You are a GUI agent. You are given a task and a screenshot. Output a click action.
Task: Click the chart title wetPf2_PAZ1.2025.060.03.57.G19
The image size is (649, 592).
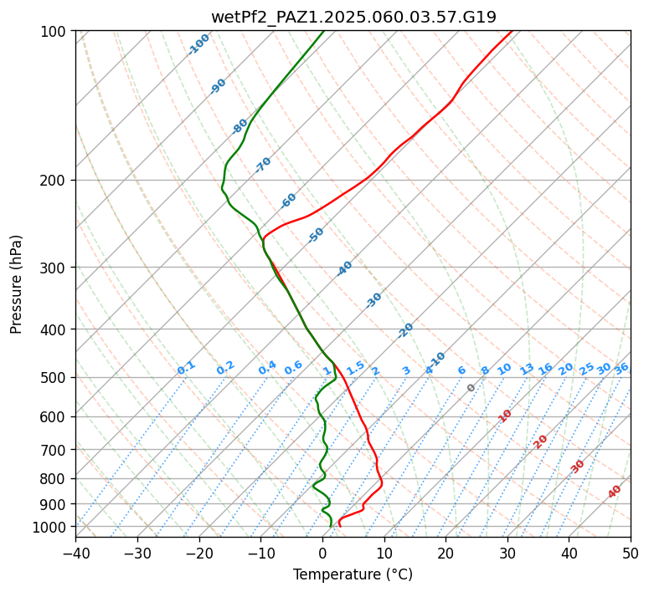(x=353, y=17)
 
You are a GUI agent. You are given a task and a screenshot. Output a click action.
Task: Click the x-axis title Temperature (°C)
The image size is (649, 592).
(x=353, y=574)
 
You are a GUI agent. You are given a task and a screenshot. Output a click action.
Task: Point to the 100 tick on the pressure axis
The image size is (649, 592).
(x=55, y=31)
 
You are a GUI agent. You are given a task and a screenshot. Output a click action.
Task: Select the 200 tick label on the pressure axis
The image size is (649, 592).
(x=55, y=180)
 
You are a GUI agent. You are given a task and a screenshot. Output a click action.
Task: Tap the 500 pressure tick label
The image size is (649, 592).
(x=55, y=377)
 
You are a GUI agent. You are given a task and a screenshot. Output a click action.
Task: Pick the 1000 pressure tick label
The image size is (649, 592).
(x=52, y=527)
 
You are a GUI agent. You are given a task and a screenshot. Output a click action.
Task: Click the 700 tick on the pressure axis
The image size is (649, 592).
(x=55, y=450)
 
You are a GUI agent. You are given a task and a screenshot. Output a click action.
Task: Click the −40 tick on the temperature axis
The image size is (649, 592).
(x=75, y=553)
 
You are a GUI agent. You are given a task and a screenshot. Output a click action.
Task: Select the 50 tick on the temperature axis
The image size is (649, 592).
(x=631, y=553)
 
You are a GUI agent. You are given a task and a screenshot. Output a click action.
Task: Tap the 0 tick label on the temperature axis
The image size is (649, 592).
(x=322, y=553)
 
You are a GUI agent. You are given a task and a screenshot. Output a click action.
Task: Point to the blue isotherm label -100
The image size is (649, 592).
(x=198, y=44)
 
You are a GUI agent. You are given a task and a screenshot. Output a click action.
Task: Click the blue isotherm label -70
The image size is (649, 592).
(x=264, y=165)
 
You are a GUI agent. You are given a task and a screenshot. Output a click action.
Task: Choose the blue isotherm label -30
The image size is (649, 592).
(x=373, y=300)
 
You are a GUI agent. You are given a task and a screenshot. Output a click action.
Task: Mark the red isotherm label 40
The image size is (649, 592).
(x=615, y=492)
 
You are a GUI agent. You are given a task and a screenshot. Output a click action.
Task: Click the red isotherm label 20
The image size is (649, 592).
(x=541, y=441)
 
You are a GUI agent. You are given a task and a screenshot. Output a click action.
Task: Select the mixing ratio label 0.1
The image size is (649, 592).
(x=186, y=368)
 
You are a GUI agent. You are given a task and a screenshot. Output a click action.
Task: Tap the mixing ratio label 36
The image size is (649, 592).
(x=621, y=368)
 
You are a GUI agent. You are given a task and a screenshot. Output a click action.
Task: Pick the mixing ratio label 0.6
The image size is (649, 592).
(x=293, y=368)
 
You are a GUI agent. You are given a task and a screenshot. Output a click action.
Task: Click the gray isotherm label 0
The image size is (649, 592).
(x=471, y=388)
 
